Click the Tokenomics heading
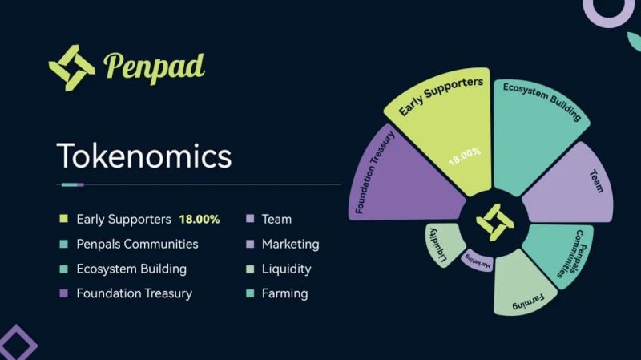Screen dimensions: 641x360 tap(144, 156)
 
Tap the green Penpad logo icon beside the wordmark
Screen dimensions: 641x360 tap(72, 67)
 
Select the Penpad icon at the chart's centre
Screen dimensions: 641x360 tap(495, 222)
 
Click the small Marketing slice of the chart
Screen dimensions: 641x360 tap(477, 261)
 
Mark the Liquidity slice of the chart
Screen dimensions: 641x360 tap(444, 244)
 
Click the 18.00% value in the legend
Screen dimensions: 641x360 tap(200, 219)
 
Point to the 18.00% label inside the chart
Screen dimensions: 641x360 tap(465, 156)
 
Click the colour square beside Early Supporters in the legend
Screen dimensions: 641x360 tap(64, 218)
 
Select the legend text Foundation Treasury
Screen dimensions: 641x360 tap(134, 293)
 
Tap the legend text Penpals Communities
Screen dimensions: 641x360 tap(137, 245)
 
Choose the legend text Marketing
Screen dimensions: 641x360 tap(291, 245)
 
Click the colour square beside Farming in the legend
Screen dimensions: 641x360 tap(250, 293)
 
